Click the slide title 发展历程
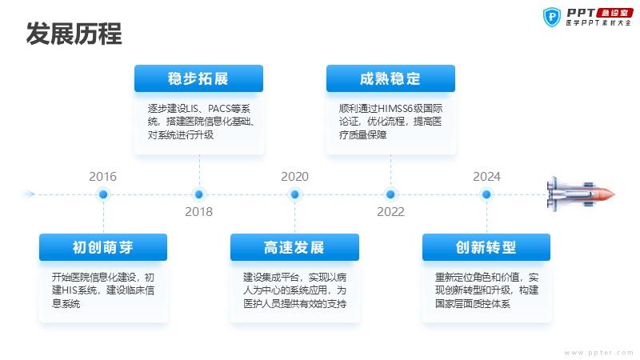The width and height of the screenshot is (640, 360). coord(74,34)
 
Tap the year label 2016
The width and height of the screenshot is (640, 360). coord(103,177)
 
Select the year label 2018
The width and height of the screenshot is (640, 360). coord(198,212)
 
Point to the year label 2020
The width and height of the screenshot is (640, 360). coord(294,177)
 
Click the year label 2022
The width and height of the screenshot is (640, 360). coord(390,212)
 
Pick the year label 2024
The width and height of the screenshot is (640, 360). coord(486,177)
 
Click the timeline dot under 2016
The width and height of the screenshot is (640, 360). coord(103,194)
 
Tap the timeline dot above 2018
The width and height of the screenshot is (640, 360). coord(198,194)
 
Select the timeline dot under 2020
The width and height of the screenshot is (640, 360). coord(294,194)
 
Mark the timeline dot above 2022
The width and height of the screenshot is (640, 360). coord(390,194)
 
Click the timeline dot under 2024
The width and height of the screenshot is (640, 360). coord(486,194)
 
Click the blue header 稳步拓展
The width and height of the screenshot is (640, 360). coord(198,78)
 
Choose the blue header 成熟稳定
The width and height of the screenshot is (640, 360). coord(390,78)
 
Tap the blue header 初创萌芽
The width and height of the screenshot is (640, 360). coord(103,247)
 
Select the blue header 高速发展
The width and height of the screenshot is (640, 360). coord(294,247)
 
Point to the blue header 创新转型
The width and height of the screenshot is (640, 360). coord(486,247)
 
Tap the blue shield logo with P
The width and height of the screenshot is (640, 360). coord(552,18)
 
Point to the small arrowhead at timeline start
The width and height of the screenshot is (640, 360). coord(29,194)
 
